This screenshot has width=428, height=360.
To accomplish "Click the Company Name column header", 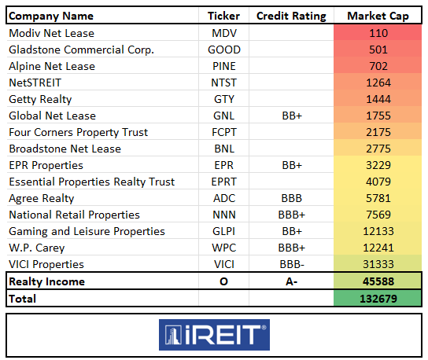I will [51, 16].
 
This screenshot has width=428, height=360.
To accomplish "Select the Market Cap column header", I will [377, 16].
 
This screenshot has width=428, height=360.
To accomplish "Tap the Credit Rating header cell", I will [292, 16].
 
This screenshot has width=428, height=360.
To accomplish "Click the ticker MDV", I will [224, 33].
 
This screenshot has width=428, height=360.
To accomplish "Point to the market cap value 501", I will [378, 50].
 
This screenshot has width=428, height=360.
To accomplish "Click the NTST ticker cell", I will [224, 83].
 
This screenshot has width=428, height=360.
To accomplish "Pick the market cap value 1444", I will [378, 99].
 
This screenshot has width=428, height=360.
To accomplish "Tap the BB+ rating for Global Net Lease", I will [292, 116].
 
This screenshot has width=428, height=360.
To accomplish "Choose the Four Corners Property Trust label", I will [78, 132].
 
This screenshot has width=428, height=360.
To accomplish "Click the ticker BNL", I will [224, 149].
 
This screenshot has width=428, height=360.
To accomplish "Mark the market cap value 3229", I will [378, 165].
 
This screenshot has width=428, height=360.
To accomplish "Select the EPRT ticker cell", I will [224, 182].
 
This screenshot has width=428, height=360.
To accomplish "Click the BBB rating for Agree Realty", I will [292, 198].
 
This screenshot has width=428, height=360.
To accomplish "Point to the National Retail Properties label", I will [74, 215].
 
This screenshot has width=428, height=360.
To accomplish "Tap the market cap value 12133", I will [378, 231].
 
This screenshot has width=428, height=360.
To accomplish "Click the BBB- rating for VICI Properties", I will [292, 264].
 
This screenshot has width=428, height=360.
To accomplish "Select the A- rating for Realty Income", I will [292, 281].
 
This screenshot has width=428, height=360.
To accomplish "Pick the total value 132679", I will [378, 299].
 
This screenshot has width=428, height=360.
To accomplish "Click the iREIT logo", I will [214, 334].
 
